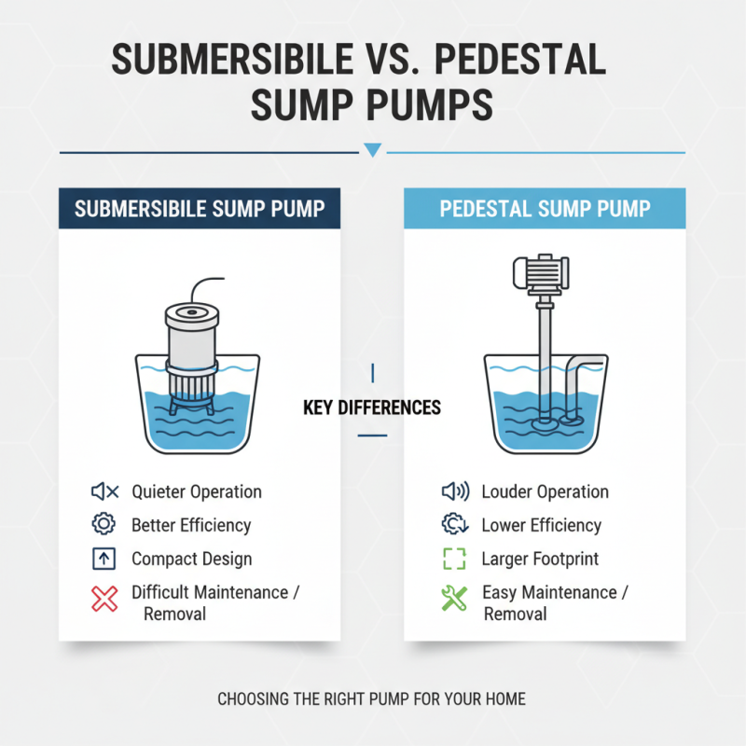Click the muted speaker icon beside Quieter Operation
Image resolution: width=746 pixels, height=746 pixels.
click(x=104, y=491)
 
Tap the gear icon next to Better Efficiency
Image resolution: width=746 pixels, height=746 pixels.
click(x=104, y=525)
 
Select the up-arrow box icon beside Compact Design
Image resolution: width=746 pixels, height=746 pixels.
click(x=104, y=559)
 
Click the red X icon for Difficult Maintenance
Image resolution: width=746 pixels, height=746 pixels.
click(x=105, y=599)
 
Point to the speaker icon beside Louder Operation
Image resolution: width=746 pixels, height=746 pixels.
click(x=452, y=491)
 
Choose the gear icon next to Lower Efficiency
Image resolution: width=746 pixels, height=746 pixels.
click(x=452, y=525)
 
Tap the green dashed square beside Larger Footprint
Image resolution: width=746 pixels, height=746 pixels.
click(x=452, y=559)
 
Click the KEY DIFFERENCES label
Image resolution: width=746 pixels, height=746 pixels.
click(x=372, y=408)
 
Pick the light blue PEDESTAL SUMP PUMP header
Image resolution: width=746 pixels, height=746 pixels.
click(x=545, y=207)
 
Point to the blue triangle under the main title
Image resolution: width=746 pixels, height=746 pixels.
click(x=373, y=150)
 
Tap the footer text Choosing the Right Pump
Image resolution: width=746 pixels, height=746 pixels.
click(x=372, y=698)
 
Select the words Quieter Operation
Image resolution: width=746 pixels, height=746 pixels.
click(x=197, y=491)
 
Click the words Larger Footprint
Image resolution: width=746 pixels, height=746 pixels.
click(x=540, y=559)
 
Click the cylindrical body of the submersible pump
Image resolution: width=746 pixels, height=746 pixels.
click(x=191, y=332)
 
